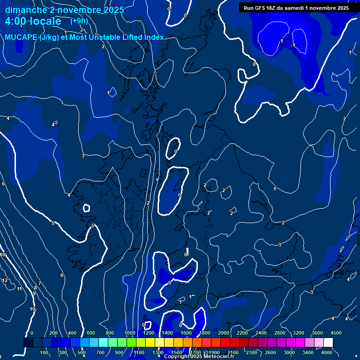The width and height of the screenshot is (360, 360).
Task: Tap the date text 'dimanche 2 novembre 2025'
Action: point(64,10)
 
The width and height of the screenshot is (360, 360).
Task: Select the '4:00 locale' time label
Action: point(33,22)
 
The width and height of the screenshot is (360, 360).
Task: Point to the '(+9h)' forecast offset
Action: point(79,21)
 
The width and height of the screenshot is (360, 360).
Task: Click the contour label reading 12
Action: point(5,280)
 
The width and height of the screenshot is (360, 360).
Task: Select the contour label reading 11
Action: point(20,289)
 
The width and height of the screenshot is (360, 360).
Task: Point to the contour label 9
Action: point(34,293)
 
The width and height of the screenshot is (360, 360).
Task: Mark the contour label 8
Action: point(36,287)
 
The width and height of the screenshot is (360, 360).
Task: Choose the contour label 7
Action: point(40,283)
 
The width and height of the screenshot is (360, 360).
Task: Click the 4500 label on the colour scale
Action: point(336,333)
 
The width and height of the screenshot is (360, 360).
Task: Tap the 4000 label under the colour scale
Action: point(327,352)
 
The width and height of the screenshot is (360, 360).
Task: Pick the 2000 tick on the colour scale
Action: point(223,333)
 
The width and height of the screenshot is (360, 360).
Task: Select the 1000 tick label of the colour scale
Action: point(129,333)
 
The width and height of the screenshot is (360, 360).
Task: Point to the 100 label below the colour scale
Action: point(44,352)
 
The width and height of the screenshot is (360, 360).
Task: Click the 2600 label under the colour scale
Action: point(270,352)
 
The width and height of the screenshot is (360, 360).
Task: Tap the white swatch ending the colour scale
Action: point(328,343)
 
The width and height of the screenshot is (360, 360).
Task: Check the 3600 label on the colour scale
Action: point(317,333)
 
